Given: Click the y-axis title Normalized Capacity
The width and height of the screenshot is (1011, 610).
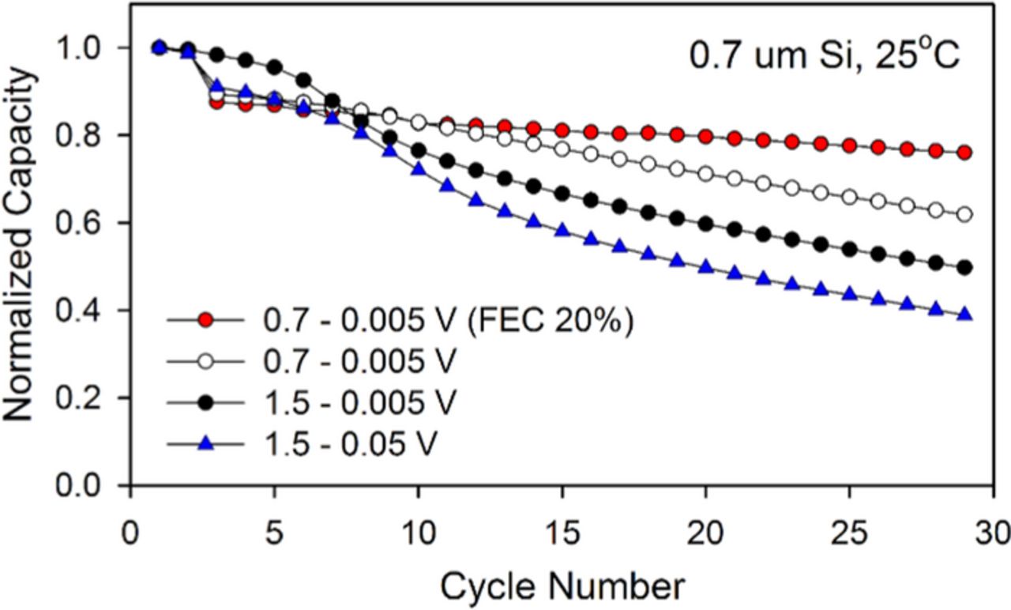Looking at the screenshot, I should tap(21, 243).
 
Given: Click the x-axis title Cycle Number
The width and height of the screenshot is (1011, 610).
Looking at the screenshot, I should tap(562, 586).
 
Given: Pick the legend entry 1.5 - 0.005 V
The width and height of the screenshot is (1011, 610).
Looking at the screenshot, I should tap(359, 404).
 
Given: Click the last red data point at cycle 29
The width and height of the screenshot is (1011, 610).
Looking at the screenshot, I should tap(964, 152).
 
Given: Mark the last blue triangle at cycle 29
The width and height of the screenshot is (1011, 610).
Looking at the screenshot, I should tap(964, 314).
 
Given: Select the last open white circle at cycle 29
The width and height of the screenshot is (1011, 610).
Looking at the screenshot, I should tap(964, 215).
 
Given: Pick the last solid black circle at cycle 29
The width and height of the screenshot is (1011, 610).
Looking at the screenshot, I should tap(964, 267).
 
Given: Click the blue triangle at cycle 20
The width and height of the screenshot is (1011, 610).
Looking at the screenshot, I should tap(706, 267).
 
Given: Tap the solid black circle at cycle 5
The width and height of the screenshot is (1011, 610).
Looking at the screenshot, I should tap(274, 67).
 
